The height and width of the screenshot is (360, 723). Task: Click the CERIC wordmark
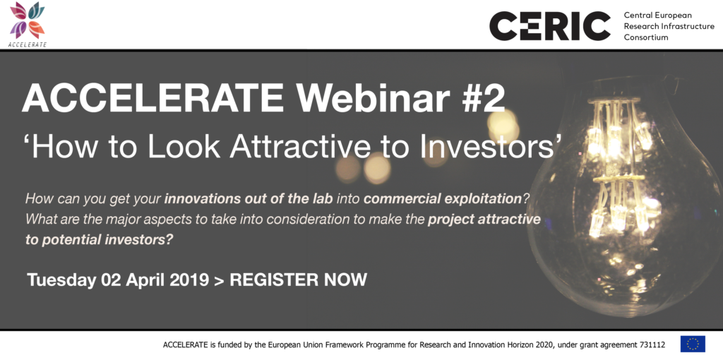click(x=549, y=26)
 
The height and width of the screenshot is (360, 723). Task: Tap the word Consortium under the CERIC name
click(x=645, y=37)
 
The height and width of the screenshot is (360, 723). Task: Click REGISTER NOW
click(x=299, y=280)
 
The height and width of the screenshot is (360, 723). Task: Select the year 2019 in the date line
click(x=189, y=280)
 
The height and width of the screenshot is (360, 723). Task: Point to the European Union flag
click(x=693, y=344)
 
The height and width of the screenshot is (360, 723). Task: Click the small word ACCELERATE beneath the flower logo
click(x=28, y=44)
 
